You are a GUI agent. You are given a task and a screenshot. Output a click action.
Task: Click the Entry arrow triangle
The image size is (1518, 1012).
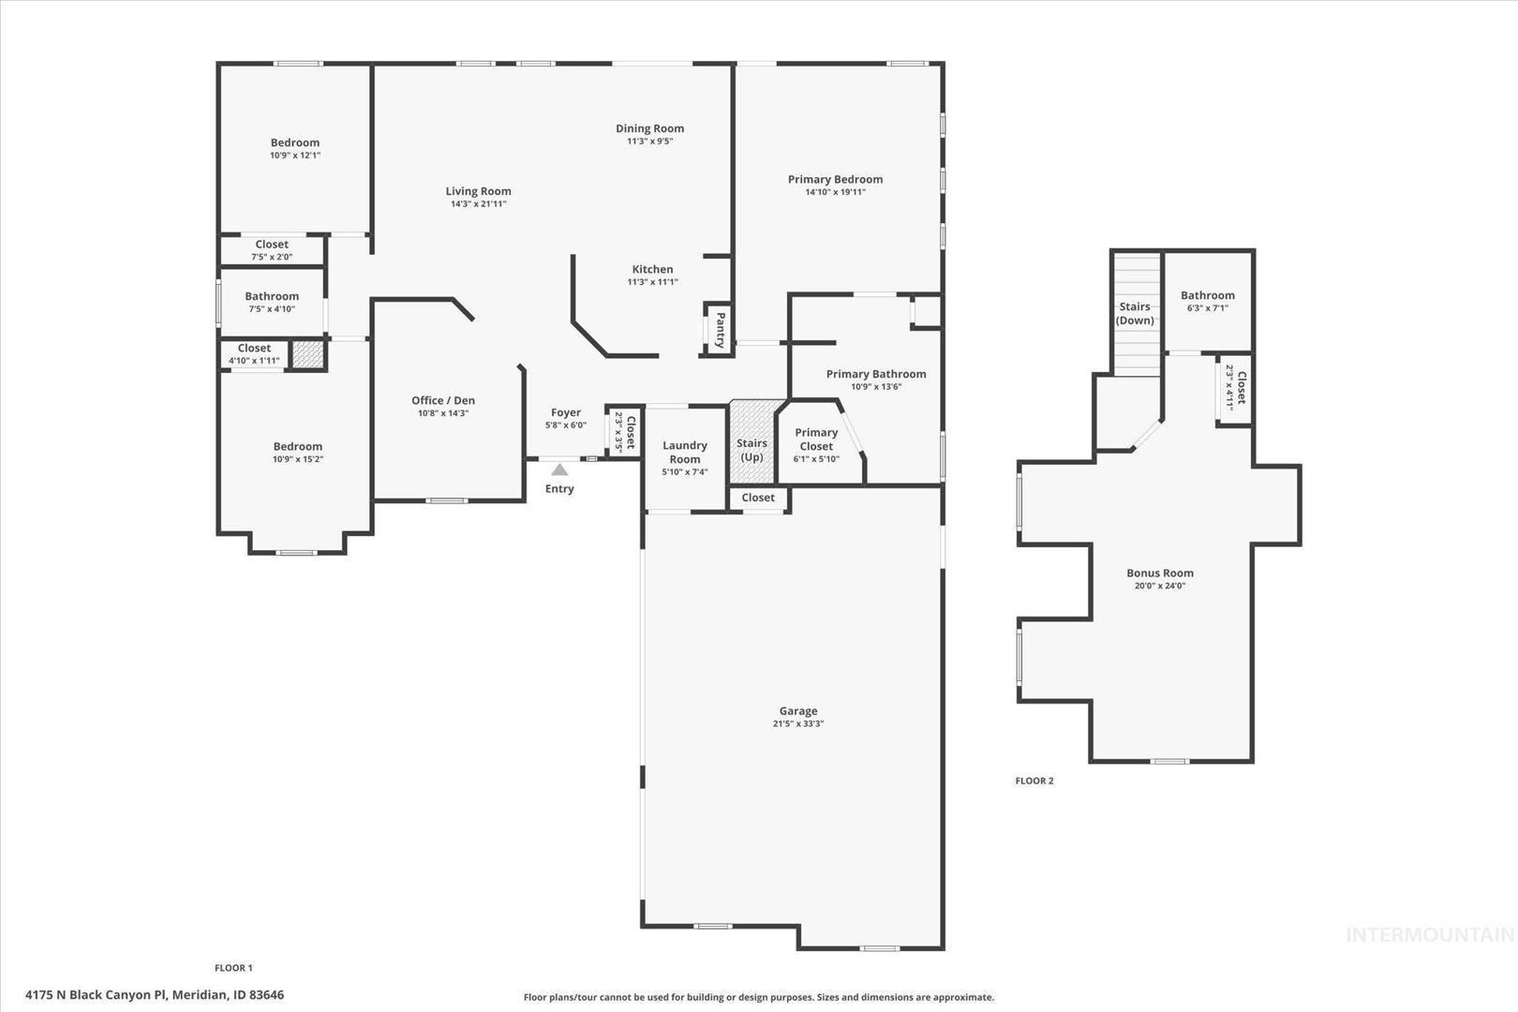pyautogui.click(x=559, y=469)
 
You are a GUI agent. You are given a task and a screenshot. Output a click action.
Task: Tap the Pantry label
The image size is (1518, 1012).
pyautogui.click(x=721, y=330)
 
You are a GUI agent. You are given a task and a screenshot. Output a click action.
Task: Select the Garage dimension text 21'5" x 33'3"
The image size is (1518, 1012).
pyautogui.click(x=798, y=723)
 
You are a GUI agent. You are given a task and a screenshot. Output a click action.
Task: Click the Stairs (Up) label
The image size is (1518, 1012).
pyautogui.click(x=752, y=450)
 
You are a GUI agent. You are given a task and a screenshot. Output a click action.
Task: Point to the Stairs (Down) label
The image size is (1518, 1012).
pyautogui.click(x=1135, y=313)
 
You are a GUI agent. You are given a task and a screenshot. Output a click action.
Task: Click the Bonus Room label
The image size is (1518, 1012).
pyautogui.click(x=1160, y=573)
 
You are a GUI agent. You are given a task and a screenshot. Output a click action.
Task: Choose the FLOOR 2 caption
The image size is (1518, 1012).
pyautogui.click(x=1034, y=781)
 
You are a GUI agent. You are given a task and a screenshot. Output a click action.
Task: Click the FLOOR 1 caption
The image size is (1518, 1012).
pyautogui.click(x=233, y=968)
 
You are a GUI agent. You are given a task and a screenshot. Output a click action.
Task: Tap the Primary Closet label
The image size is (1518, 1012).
pyautogui.click(x=816, y=439)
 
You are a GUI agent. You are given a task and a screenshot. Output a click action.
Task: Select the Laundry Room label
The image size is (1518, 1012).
pyautogui.click(x=685, y=452)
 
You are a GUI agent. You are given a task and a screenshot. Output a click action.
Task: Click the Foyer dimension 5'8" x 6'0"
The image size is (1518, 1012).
pyautogui.click(x=566, y=425)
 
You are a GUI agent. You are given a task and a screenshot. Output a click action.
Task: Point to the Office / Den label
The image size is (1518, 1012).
pyautogui.click(x=443, y=400)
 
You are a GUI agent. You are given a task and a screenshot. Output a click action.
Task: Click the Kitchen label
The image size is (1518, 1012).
pyautogui.click(x=652, y=269)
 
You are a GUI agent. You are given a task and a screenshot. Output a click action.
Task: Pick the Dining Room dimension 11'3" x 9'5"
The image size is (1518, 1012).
pyautogui.click(x=650, y=141)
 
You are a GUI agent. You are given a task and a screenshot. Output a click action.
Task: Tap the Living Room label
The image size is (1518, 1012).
pyautogui.click(x=479, y=191)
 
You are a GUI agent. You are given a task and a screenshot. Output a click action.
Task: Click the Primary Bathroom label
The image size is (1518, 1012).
pyautogui.click(x=876, y=374)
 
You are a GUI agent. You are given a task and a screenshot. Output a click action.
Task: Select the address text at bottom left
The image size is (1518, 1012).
pyautogui.click(x=155, y=994)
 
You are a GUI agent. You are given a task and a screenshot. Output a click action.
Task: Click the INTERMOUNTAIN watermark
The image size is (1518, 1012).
pyautogui.click(x=1430, y=935)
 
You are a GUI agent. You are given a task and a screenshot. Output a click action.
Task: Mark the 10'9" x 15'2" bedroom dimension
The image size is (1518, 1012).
pyautogui.click(x=298, y=459)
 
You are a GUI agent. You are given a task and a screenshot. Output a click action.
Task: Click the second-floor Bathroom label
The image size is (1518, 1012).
pyautogui.click(x=1208, y=295)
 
